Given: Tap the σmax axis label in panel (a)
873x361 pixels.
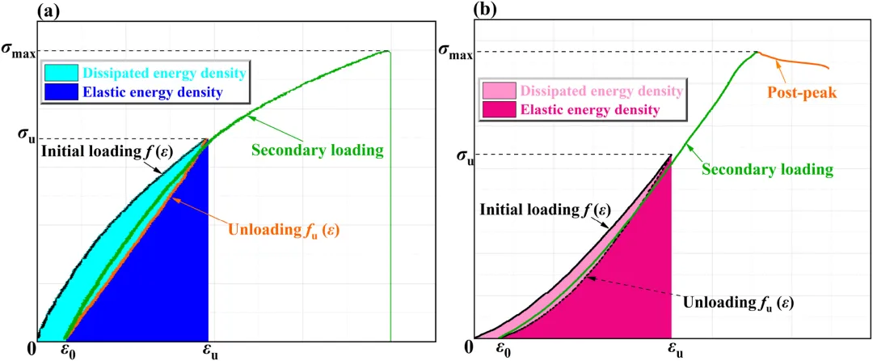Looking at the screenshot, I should pyautogui.click(x=19, y=53).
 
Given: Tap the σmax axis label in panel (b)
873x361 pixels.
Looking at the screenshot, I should pyautogui.click(x=453, y=53).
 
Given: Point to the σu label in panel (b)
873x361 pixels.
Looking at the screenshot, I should pyautogui.click(x=459, y=155).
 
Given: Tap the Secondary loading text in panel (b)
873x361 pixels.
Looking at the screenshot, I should pyautogui.click(x=767, y=170).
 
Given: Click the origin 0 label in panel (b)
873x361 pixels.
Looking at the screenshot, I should pyautogui.click(x=469, y=347).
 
